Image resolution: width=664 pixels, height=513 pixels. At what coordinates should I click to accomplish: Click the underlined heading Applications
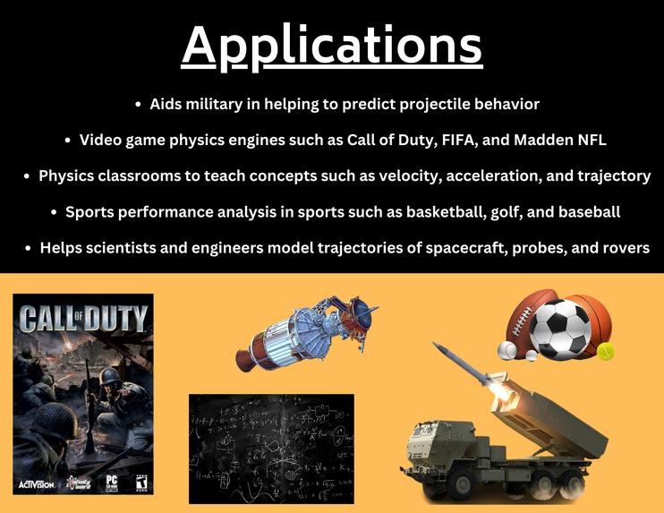pos(332,45)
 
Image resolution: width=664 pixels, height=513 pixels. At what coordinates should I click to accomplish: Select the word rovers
pos(623,247)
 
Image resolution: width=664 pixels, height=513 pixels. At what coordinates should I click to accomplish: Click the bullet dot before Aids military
pos(138,105)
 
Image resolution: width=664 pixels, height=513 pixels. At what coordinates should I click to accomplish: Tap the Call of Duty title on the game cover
pos(82,318)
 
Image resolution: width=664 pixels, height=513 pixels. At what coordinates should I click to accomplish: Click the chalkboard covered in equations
pos(271,448)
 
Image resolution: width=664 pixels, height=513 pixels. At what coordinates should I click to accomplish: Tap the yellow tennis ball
pos(607,352)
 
